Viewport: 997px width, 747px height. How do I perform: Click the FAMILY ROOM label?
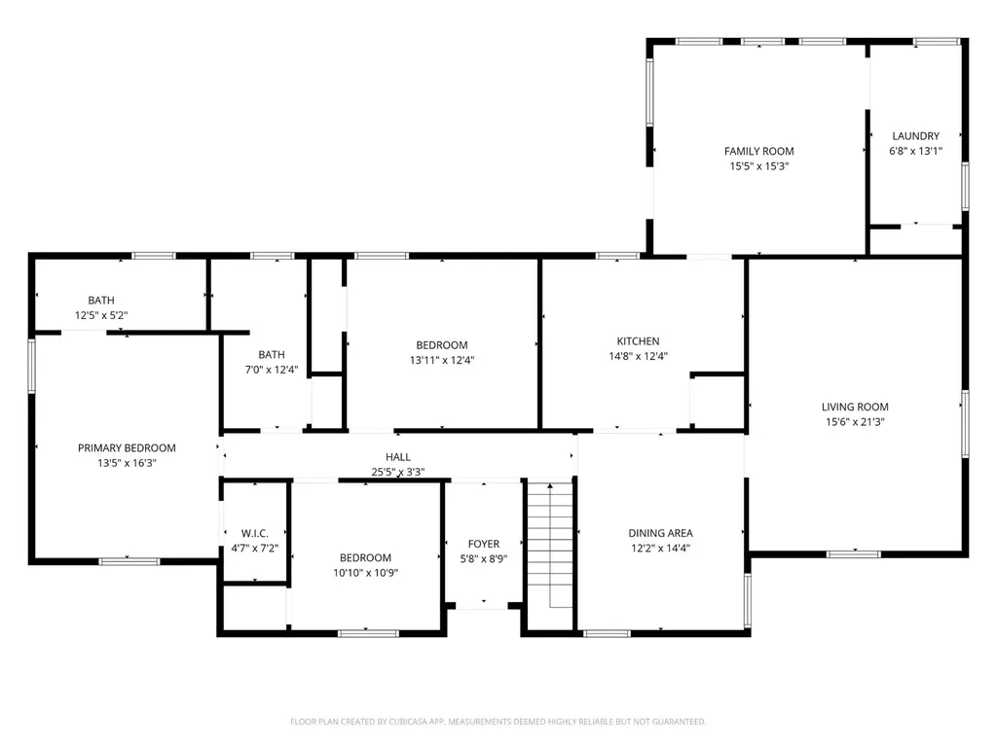coord(758,151)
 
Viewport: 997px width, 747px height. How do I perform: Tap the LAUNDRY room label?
coord(915,136)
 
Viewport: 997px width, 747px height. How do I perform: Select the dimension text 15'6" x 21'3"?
coord(855,422)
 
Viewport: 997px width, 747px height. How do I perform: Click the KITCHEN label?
coord(638,341)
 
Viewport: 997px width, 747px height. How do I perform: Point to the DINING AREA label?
coord(660,533)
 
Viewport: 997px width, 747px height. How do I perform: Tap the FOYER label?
coord(483,544)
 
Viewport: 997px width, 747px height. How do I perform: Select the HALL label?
coord(398,457)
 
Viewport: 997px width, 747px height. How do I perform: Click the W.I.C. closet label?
coord(254,533)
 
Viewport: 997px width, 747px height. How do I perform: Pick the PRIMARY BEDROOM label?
coord(127,447)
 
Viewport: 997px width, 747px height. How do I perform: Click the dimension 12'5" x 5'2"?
coord(101,315)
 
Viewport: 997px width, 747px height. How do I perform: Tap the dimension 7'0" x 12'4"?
coord(272,370)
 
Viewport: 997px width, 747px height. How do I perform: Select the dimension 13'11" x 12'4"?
coord(442,360)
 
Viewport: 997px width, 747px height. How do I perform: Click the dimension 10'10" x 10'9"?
coord(365,573)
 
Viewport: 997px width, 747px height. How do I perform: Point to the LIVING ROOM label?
coord(855,407)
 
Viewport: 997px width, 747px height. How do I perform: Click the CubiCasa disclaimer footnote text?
coord(498,722)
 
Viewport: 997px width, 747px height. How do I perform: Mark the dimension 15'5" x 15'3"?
coord(758,166)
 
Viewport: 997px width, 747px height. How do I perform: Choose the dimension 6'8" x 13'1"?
coord(915,151)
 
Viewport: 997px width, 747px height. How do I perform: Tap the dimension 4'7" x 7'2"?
coord(254,549)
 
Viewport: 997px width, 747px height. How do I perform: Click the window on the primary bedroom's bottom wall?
coord(129,561)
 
